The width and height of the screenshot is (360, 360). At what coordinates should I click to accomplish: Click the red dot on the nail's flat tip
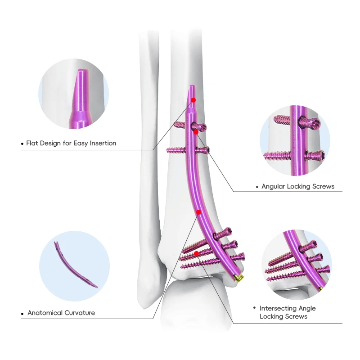point(193,100)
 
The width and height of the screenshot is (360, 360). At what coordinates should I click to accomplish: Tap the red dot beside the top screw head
point(196,132)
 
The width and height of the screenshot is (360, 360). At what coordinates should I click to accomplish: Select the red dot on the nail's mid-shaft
point(198,211)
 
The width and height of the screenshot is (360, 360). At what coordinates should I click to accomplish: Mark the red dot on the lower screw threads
point(197,254)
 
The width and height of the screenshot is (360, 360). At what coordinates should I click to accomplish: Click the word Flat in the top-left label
point(32,143)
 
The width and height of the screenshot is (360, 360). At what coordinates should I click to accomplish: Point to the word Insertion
point(102,143)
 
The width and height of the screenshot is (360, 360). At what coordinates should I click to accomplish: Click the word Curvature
point(81,313)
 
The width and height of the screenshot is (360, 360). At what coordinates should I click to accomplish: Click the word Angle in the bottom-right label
point(306,308)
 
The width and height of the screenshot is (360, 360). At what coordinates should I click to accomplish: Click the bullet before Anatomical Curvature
point(22,313)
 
